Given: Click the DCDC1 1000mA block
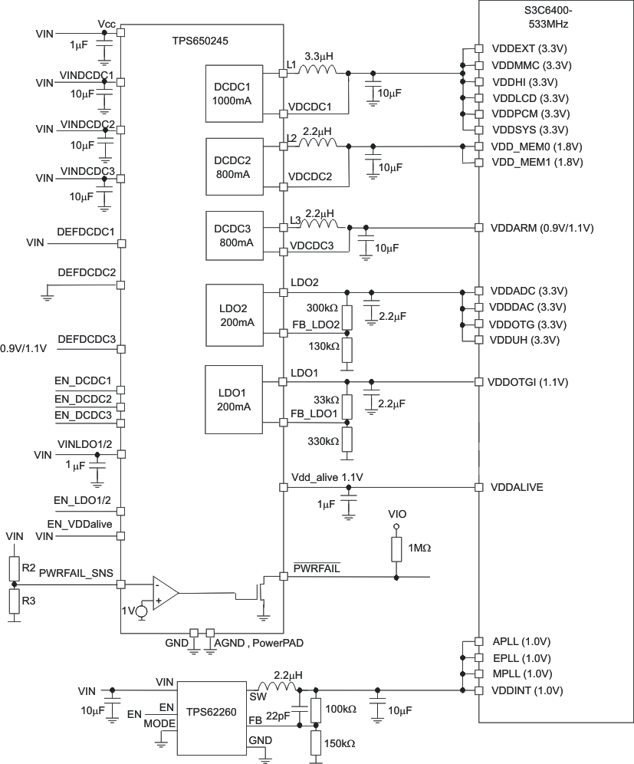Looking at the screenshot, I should tap(233, 94).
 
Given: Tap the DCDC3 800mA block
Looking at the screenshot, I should tap(233, 235).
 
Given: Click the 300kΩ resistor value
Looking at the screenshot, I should tap(322, 308).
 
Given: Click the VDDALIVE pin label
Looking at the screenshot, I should tap(517, 487).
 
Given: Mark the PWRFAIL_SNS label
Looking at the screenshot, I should tap(75, 571).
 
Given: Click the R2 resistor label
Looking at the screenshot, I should tap(28, 568).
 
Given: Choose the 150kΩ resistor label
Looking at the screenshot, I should tap(340, 743).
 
